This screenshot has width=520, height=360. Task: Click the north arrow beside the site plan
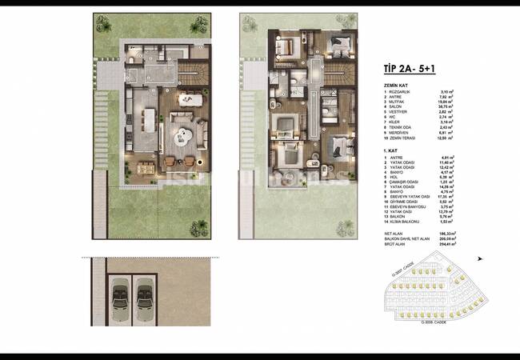point(480,258)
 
